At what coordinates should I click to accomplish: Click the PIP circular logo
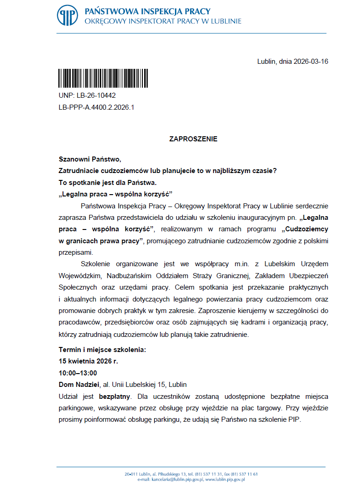click(x=67, y=15)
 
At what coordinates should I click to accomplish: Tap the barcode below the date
click(x=86, y=78)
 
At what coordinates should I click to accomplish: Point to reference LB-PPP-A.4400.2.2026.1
click(x=96, y=107)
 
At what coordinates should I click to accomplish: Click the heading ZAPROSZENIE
click(x=193, y=139)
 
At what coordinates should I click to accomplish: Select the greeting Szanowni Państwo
click(x=89, y=159)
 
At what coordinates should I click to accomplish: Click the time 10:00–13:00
click(x=78, y=373)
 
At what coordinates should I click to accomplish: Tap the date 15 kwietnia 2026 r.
click(x=88, y=361)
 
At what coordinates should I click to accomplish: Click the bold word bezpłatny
click(x=114, y=396)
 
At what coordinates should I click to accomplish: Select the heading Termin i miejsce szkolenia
click(x=102, y=350)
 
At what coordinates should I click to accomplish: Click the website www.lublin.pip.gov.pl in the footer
click(x=225, y=480)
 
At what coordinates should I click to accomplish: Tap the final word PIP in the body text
click(x=294, y=419)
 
